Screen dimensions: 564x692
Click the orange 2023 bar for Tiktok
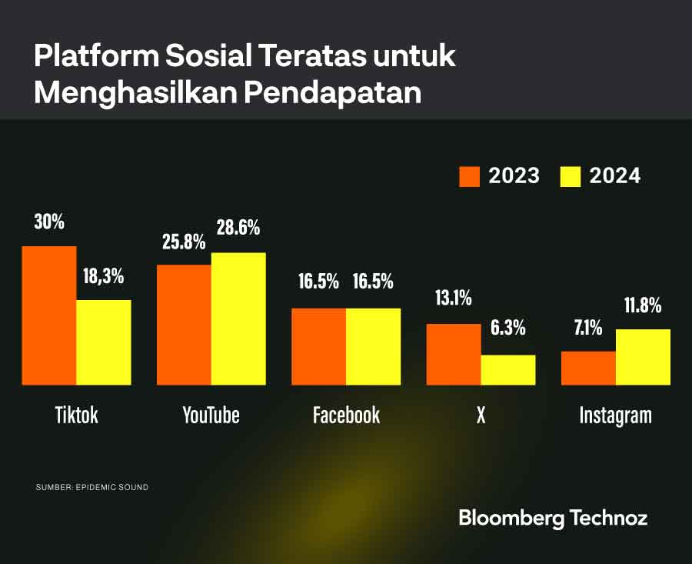click(49, 315)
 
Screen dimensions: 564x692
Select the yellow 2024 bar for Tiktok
click(104, 342)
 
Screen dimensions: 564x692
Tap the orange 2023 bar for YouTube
click(184, 325)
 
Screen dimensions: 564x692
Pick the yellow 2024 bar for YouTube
click(238, 319)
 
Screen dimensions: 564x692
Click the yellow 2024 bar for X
click(508, 369)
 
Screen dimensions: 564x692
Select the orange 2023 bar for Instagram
click(588, 368)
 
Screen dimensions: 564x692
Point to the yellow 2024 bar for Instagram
click(643, 357)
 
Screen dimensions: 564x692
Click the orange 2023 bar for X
click(454, 354)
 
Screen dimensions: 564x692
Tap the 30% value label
click(49, 222)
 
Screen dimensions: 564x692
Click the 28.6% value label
click(238, 228)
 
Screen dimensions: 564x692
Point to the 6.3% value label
click(507, 328)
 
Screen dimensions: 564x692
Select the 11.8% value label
click(643, 305)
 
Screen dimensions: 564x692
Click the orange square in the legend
click(470, 176)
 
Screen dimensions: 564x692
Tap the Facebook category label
click(346, 415)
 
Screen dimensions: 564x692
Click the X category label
click(481, 415)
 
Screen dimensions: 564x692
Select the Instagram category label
click(615, 415)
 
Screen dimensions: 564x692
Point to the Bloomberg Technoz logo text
click(553, 518)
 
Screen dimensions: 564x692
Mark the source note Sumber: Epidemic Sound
click(91, 488)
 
